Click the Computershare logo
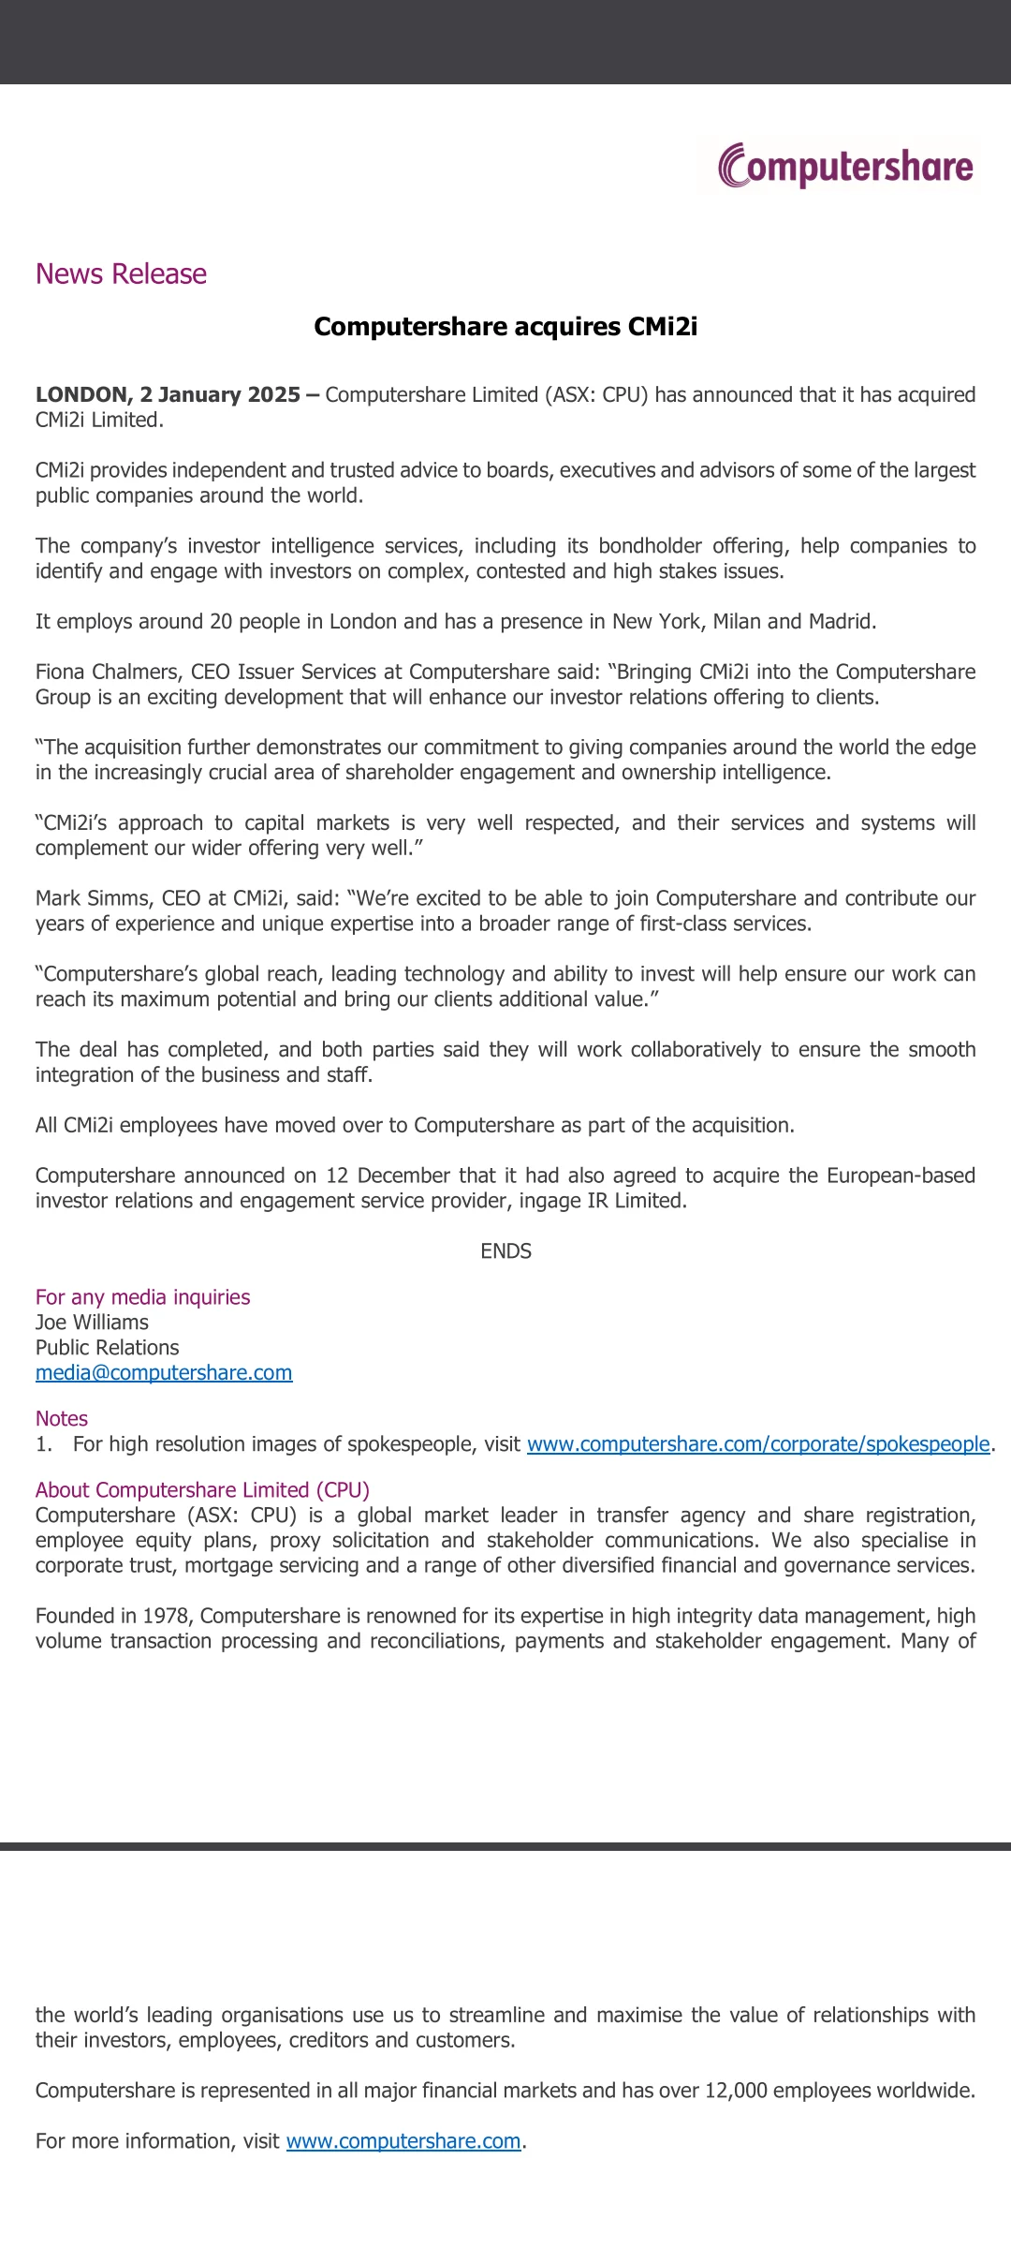click(x=845, y=166)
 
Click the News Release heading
click(x=121, y=274)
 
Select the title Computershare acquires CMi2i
click(x=505, y=326)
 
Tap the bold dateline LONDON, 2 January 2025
click(x=168, y=394)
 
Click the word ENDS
click(x=505, y=1251)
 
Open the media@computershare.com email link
click(x=164, y=1372)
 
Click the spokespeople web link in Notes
click(x=758, y=1444)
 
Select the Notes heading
click(x=62, y=1418)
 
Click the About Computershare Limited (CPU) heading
click(x=202, y=1490)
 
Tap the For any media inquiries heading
click(x=142, y=1297)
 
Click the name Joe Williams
click(x=92, y=1323)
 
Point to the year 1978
click(x=166, y=1616)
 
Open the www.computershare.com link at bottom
click(x=403, y=2141)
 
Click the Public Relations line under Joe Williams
click(x=107, y=1348)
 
